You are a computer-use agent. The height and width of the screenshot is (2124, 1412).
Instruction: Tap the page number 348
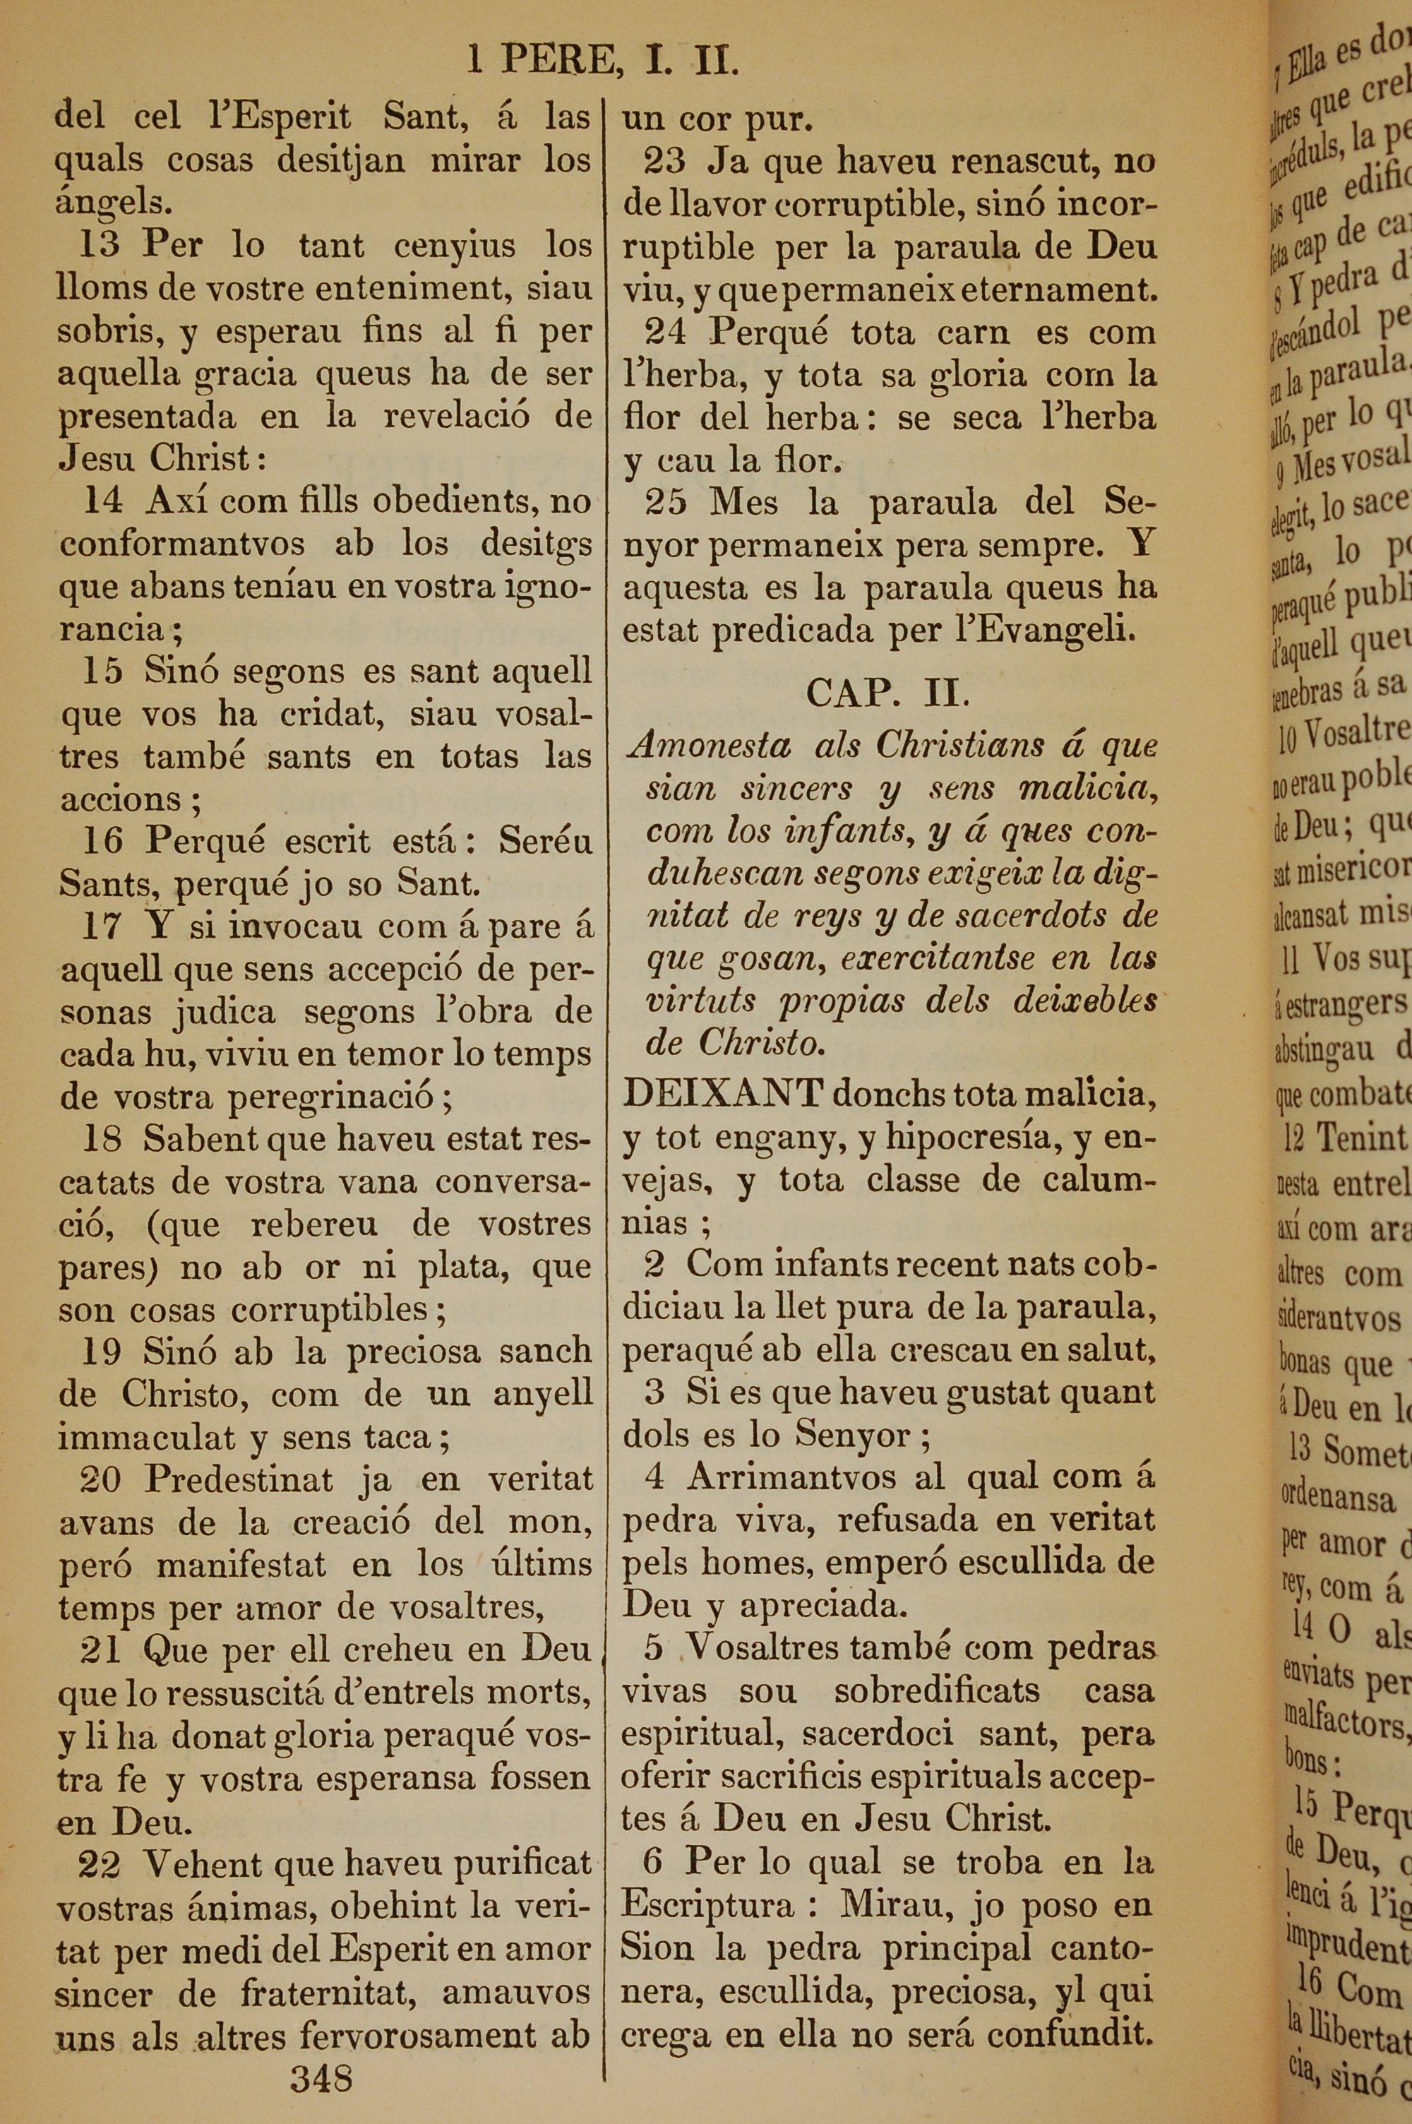tap(321, 2077)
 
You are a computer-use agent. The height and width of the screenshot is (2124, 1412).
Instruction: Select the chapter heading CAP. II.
tap(887, 693)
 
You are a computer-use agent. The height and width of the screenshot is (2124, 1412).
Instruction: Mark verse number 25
tap(666, 501)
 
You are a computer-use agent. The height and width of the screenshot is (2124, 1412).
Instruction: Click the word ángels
tap(114, 203)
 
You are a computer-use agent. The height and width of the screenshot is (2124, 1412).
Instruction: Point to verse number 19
tap(101, 1352)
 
